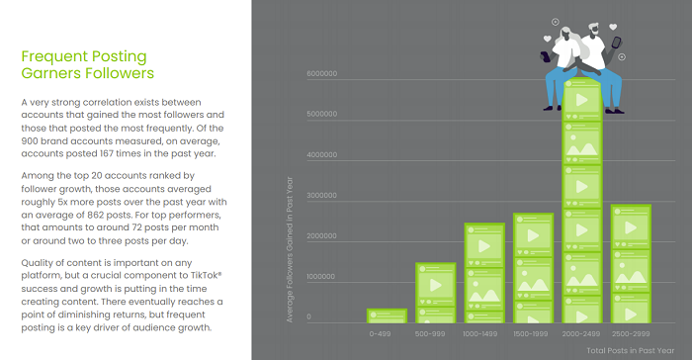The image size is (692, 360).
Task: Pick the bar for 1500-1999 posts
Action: point(533,268)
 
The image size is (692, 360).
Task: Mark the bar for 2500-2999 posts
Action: point(630,263)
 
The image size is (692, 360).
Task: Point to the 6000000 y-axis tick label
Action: point(322,74)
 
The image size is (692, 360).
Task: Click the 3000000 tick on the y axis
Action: point(322,196)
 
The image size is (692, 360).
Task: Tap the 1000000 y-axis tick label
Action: point(322,278)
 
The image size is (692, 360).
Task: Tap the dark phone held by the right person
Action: point(617,43)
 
